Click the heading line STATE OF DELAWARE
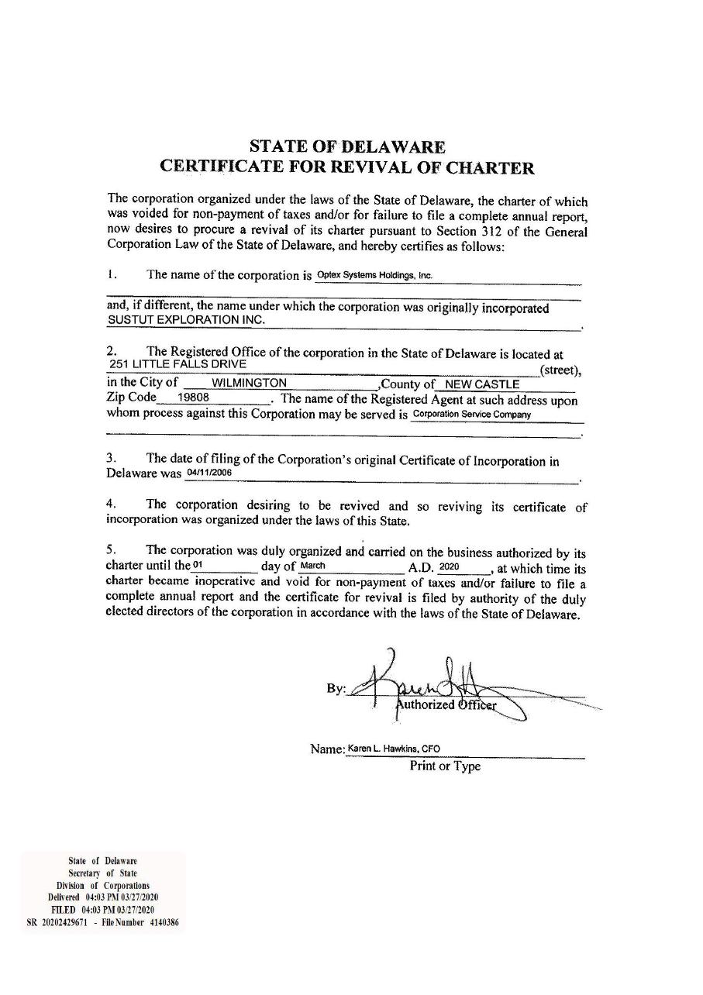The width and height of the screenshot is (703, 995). [x=347, y=146]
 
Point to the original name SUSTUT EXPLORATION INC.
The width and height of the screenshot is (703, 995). [x=186, y=319]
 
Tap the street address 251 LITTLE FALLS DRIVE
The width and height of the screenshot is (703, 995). [x=178, y=363]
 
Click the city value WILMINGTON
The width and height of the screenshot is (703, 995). [x=249, y=383]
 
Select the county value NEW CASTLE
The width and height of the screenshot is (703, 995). [x=481, y=384]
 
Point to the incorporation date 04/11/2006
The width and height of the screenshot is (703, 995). [x=209, y=472]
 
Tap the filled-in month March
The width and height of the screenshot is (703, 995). [x=312, y=566]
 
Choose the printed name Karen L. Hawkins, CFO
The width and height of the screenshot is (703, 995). [x=394, y=749]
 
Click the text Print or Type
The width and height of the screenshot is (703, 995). [x=445, y=766]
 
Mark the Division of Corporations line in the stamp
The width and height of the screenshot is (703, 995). [x=103, y=885]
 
